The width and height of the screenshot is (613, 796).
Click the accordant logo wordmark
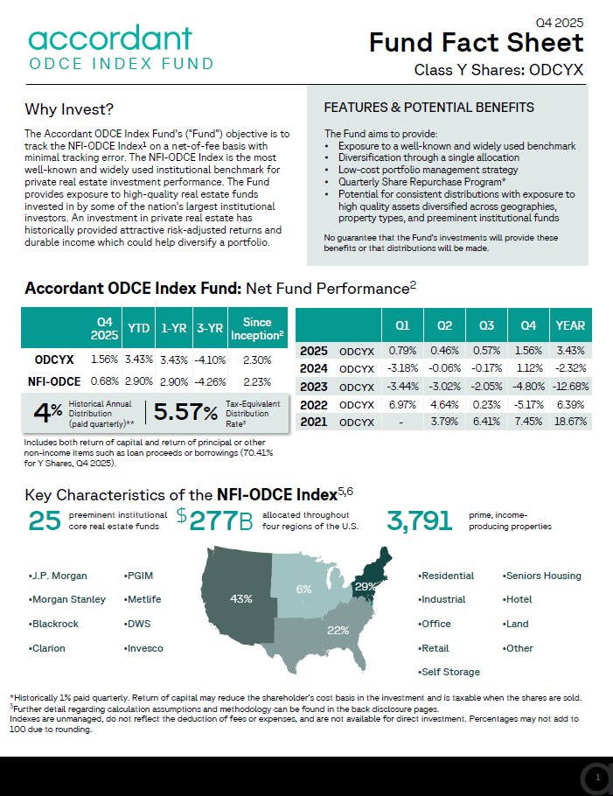click(x=109, y=38)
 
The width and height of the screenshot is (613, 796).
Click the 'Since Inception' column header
click(x=257, y=329)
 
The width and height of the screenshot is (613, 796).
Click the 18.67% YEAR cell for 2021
click(x=570, y=422)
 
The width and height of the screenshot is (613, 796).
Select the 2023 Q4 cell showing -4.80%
click(x=528, y=386)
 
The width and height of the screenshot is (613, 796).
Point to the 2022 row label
click(x=314, y=404)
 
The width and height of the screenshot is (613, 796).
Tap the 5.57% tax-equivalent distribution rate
click(x=185, y=412)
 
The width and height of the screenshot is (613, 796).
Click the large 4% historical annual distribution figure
click(x=43, y=412)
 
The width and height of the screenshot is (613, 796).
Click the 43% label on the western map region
click(x=241, y=599)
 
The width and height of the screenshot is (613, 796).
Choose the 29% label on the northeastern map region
click(x=366, y=586)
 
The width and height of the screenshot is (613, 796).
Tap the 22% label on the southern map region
click(x=338, y=630)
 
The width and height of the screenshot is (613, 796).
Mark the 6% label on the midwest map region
click(x=303, y=590)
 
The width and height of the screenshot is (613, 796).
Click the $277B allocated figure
click(x=215, y=520)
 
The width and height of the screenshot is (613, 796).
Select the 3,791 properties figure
click(x=420, y=520)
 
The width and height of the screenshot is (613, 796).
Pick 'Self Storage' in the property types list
click(x=450, y=672)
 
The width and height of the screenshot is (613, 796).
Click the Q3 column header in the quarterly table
click(x=486, y=325)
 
